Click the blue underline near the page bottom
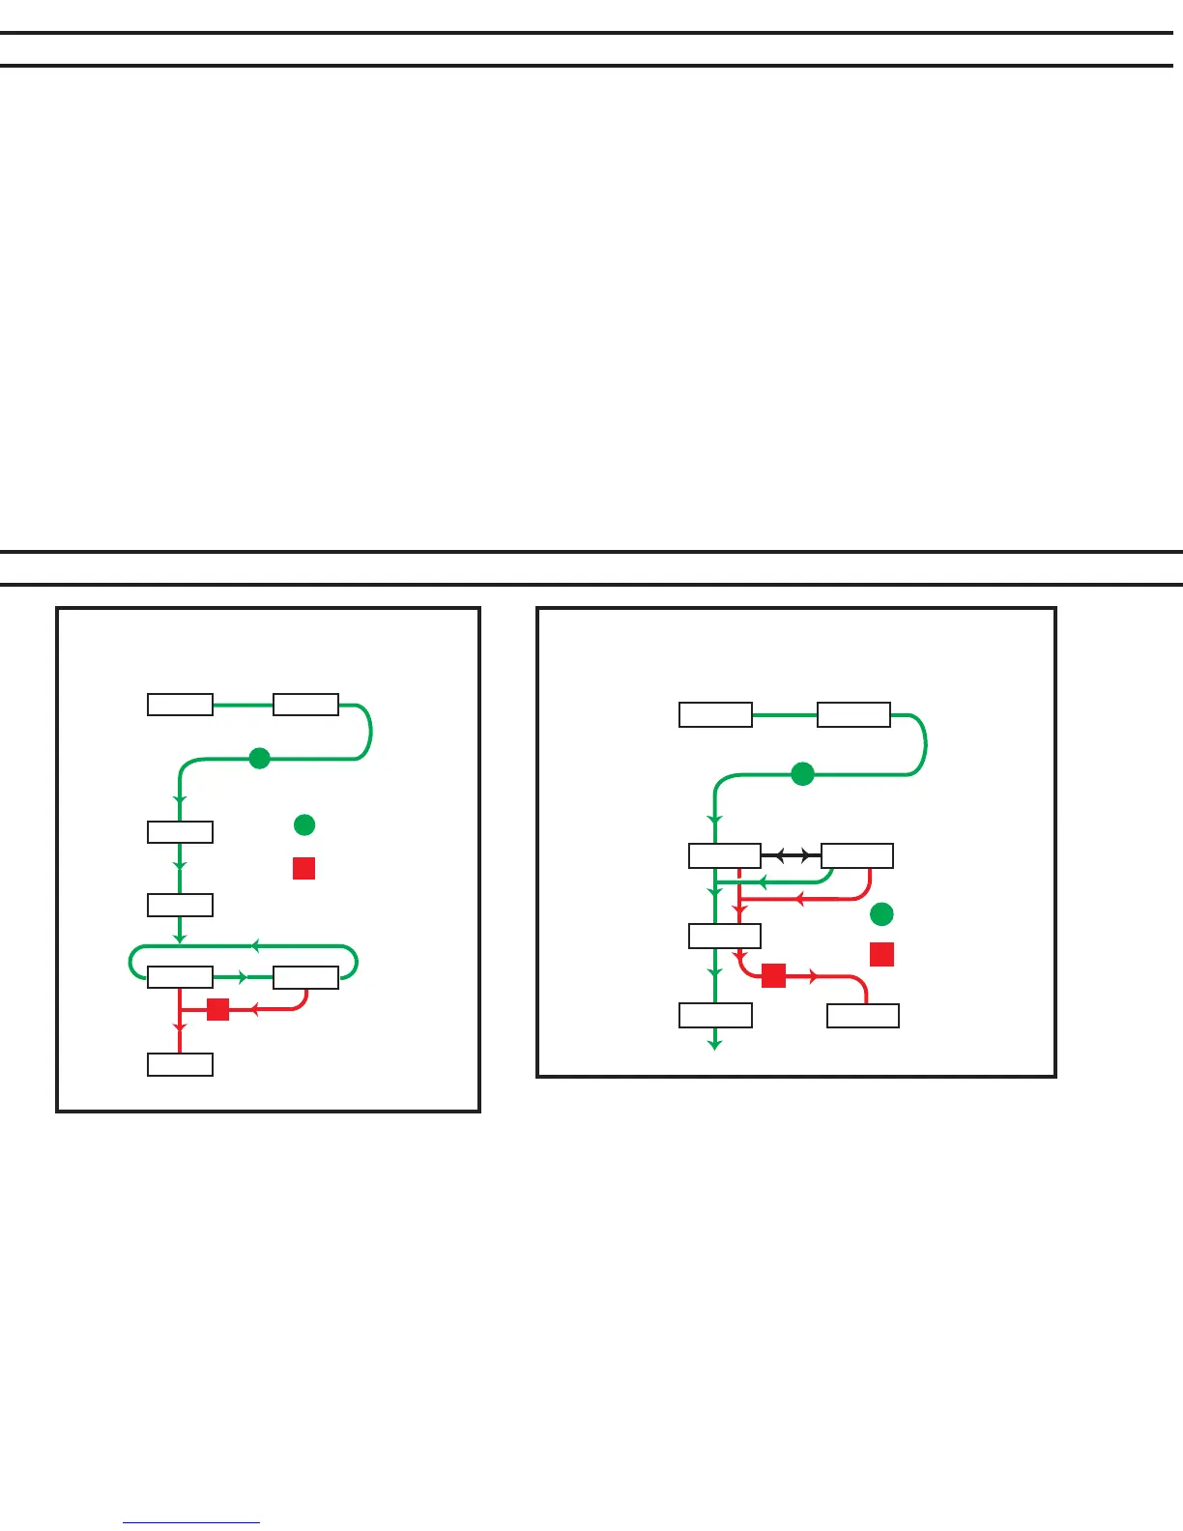click(x=191, y=1523)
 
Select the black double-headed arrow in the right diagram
click(x=791, y=856)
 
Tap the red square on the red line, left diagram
click(x=218, y=1009)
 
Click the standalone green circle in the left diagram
click(x=304, y=824)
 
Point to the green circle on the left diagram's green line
click(x=259, y=759)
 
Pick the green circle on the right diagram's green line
click(x=802, y=774)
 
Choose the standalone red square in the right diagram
click(x=881, y=955)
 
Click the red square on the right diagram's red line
click(x=773, y=976)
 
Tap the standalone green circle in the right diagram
click(x=881, y=913)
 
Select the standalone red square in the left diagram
click(x=303, y=868)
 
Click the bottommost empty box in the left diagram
click(x=180, y=1064)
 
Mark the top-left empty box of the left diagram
click(x=180, y=704)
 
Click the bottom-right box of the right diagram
click(x=863, y=1016)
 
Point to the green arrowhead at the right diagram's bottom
click(x=714, y=1044)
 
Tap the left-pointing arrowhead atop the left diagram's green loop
click(x=256, y=945)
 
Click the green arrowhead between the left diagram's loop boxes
click(x=243, y=978)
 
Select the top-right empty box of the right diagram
click(x=853, y=714)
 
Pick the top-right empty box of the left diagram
click(x=305, y=704)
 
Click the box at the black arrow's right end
click(x=856, y=856)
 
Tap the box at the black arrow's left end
click(x=725, y=856)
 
